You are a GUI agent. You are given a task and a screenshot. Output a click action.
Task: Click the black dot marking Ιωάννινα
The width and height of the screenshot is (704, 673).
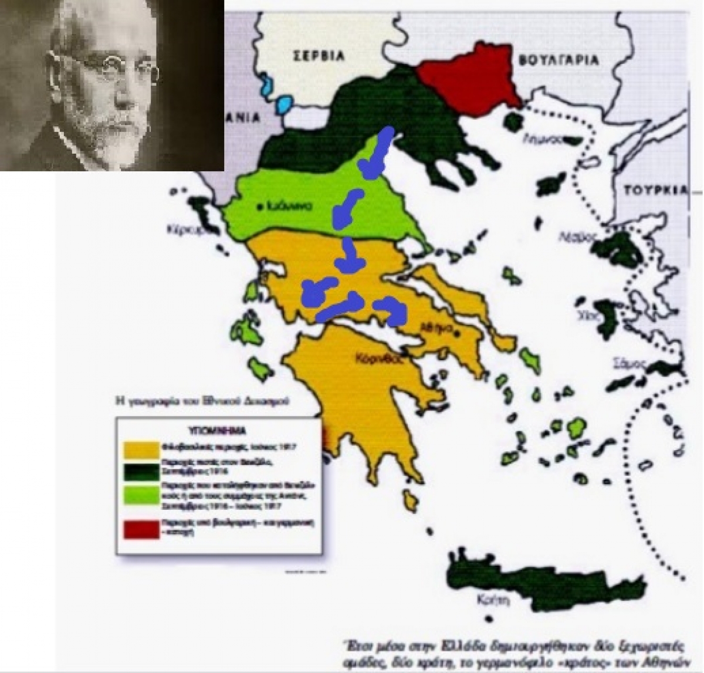coord(260,207)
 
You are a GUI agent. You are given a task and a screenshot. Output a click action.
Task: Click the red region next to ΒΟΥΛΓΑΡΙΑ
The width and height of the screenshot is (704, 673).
coord(469,81)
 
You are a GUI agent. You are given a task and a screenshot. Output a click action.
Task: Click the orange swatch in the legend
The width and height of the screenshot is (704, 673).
coord(141,448)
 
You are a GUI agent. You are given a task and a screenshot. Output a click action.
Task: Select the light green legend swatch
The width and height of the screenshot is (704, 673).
coord(141,496)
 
